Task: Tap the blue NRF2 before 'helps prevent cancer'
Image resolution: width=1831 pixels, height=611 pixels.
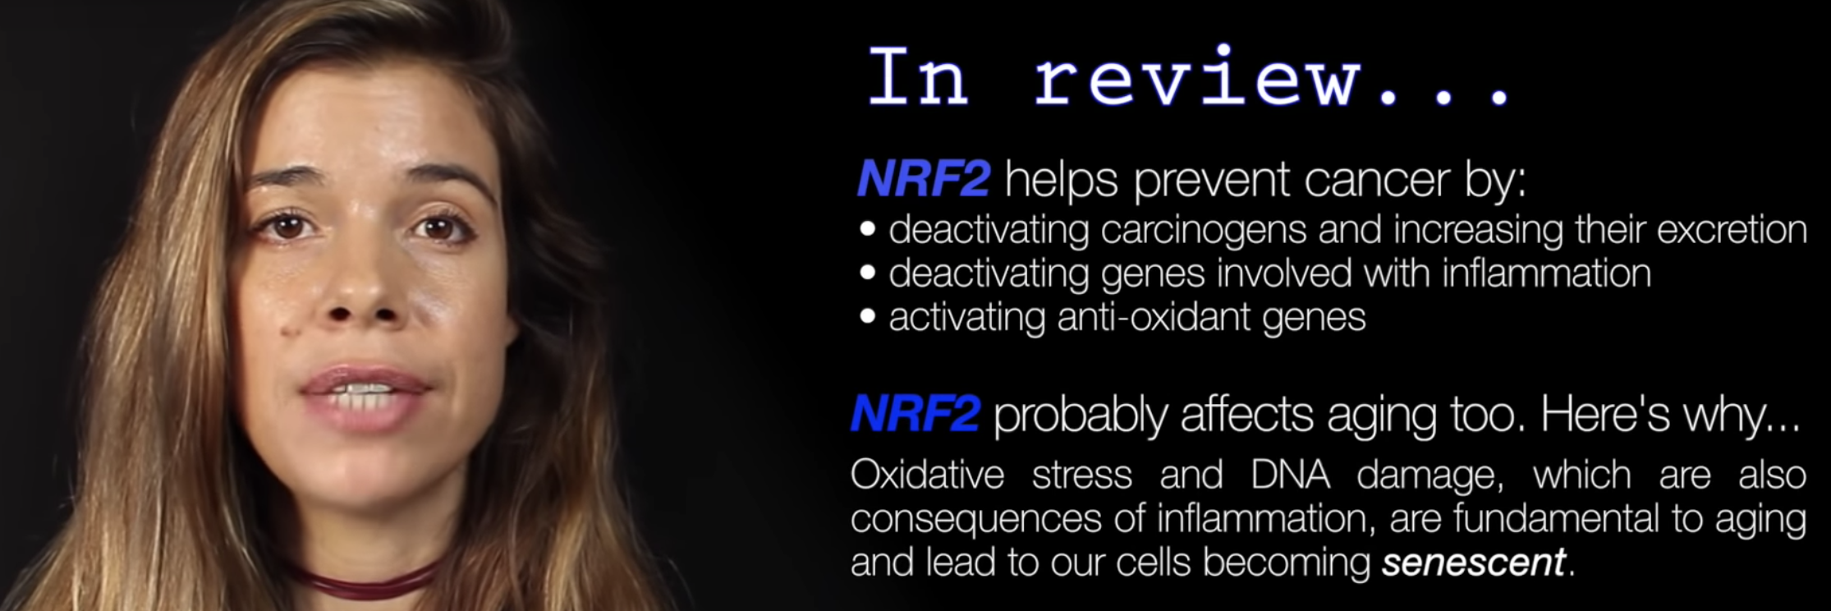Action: tap(923, 179)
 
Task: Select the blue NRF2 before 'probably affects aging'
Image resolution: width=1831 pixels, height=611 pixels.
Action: tap(915, 413)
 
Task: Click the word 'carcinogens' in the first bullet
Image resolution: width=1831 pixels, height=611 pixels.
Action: tap(1203, 231)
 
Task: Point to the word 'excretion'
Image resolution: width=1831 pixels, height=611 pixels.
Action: tap(1732, 230)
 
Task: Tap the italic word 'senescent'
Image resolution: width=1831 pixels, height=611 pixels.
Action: tap(1474, 563)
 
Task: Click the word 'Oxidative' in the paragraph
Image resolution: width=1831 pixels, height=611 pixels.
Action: tap(927, 475)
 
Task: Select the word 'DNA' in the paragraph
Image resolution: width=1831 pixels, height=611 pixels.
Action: tap(1290, 475)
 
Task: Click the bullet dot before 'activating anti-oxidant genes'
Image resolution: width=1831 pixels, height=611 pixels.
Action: tap(868, 317)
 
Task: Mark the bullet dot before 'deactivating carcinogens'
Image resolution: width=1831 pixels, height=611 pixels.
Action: tap(868, 230)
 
